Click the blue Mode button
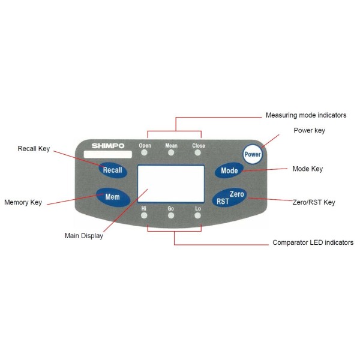pos(229,170)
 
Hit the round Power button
pos(253,154)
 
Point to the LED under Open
pos(145,153)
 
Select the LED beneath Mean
pos(171,153)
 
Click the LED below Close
pos(198,153)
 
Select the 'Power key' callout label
pos(309,131)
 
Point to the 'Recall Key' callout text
pos(34,148)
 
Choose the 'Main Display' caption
pos(83,236)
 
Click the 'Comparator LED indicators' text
pos(313,243)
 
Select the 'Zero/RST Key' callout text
pos(313,202)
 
